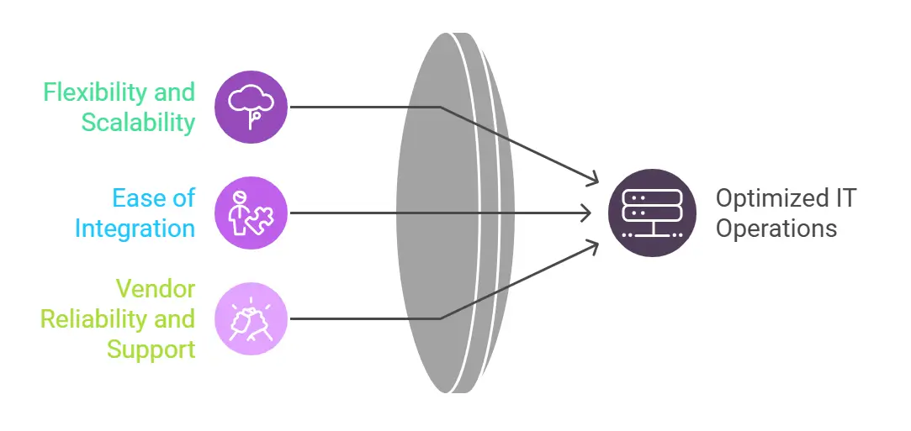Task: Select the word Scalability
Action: coord(138,123)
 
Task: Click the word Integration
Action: coord(135,228)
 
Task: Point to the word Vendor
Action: coord(156,289)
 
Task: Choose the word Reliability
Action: coord(94,319)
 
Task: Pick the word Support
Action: coord(151,349)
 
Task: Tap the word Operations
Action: coord(776,229)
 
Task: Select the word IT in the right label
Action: coord(845,198)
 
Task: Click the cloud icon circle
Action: coord(251,107)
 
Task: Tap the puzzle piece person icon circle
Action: coord(251,213)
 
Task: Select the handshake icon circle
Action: coord(251,318)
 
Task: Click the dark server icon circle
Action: coord(652,213)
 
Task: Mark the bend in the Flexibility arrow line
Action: coord(440,107)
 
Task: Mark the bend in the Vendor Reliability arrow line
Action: coord(440,318)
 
